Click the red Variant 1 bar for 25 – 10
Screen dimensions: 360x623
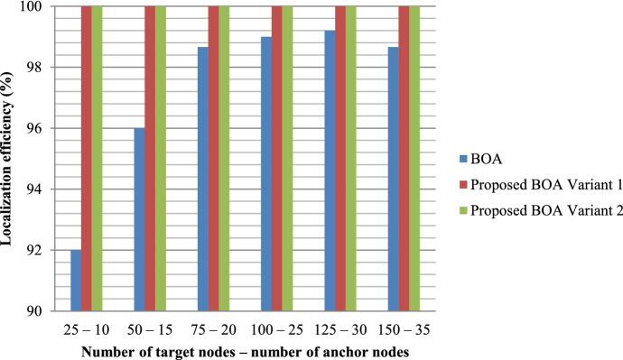coord(87,158)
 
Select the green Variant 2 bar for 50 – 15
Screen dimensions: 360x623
coord(161,158)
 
